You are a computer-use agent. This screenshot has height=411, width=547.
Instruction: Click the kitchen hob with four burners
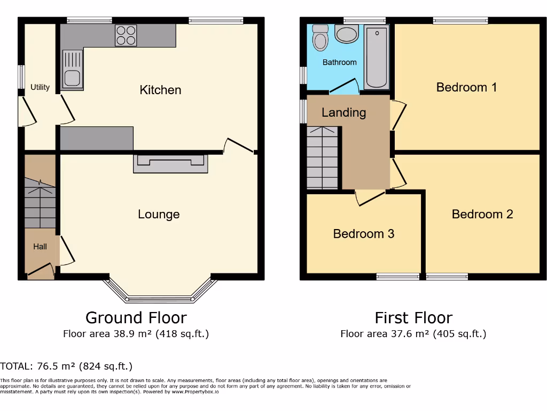click(x=126, y=35)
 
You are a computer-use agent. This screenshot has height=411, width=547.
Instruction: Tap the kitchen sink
click(x=72, y=68)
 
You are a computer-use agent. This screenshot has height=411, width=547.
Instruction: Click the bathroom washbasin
click(x=347, y=34)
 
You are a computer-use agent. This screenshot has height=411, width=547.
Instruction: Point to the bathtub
click(x=377, y=58)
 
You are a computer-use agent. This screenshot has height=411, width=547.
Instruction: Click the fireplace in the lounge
click(x=170, y=164)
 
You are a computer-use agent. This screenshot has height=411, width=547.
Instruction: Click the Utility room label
click(x=40, y=87)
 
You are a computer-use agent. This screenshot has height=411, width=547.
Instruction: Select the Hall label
click(x=40, y=247)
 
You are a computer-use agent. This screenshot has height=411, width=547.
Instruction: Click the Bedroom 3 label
click(x=363, y=234)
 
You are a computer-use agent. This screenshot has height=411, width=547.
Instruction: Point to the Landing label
click(x=343, y=112)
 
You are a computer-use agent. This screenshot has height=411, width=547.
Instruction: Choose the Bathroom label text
click(x=339, y=63)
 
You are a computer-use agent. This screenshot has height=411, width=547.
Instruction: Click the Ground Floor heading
click(x=136, y=318)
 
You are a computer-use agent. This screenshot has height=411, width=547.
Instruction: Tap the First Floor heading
click(x=413, y=318)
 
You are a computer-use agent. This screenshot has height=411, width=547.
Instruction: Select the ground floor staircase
click(x=40, y=203)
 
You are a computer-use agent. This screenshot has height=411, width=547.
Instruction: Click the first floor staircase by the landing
click(x=322, y=158)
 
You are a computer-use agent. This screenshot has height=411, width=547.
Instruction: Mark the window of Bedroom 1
click(x=460, y=21)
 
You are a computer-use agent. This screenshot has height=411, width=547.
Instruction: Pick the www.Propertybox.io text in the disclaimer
click(x=194, y=392)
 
